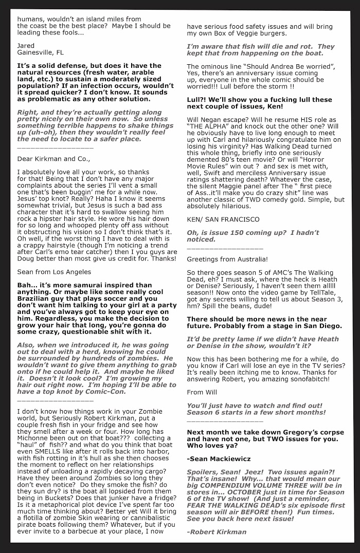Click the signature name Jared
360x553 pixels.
coord(26,46)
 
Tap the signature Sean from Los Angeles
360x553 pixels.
coord(54,272)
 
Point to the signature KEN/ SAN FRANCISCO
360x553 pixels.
coord(223,219)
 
